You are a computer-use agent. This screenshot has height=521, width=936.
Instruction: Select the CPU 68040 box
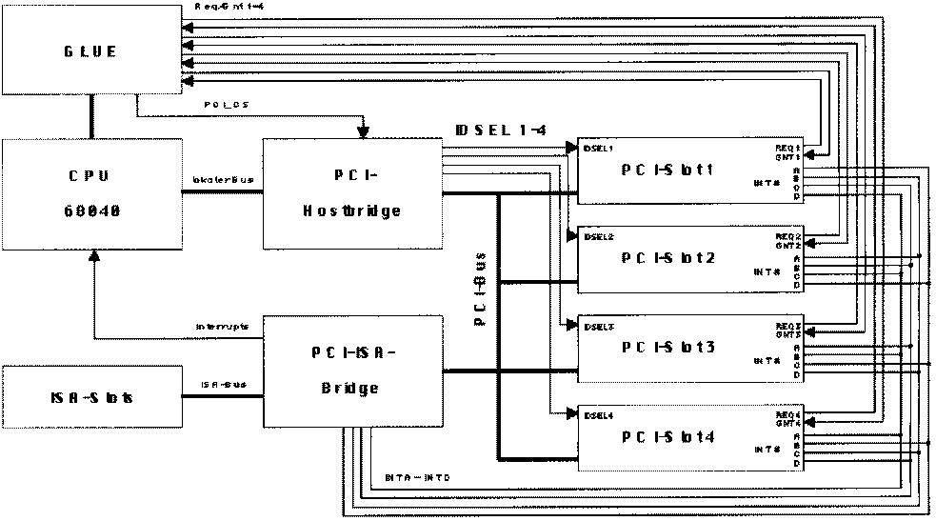[x=91, y=195]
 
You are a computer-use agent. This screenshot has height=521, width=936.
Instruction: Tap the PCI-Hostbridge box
[x=352, y=194]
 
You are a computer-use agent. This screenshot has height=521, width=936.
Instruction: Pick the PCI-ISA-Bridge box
[x=352, y=371]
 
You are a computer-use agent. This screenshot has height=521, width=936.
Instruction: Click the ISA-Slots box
[x=91, y=396]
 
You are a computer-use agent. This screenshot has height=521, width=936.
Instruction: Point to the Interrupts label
[x=222, y=326]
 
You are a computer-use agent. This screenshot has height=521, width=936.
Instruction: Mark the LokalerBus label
[x=221, y=178]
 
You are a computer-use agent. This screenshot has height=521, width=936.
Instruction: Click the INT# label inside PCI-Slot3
[x=767, y=360]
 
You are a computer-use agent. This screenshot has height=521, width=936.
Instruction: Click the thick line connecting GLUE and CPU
[x=91, y=117]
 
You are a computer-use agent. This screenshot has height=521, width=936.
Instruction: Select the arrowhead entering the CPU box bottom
[x=93, y=256]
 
